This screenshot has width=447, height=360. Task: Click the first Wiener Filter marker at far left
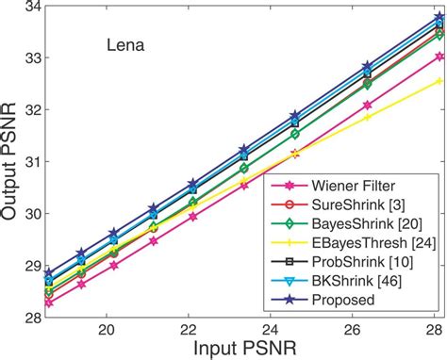tap(49, 303)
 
